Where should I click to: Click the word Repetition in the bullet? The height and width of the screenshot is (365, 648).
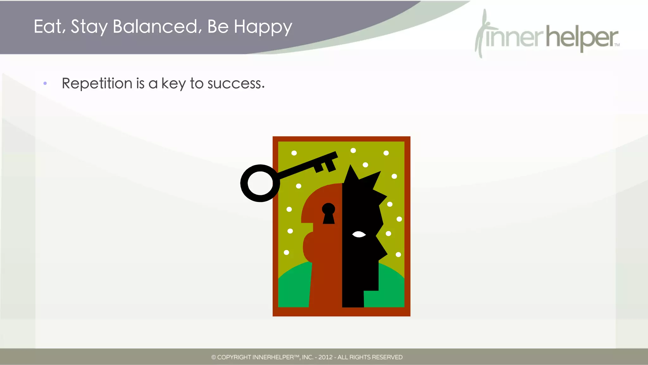(x=97, y=84)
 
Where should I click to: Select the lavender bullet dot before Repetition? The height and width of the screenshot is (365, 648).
(x=45, y=83)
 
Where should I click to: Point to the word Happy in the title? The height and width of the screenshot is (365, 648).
(x=263, y=27)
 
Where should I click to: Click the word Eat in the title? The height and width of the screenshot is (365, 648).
(x=48, y=27)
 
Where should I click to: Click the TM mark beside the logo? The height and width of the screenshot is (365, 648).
(x=617, y=45)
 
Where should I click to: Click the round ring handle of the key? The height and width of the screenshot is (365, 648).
(x=260, y=183)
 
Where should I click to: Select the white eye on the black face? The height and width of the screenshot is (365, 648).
(x=359, y=234)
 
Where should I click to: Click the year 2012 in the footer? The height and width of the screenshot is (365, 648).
(x=325, y=357)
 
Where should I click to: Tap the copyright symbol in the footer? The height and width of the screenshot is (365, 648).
(x=214, y=357)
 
